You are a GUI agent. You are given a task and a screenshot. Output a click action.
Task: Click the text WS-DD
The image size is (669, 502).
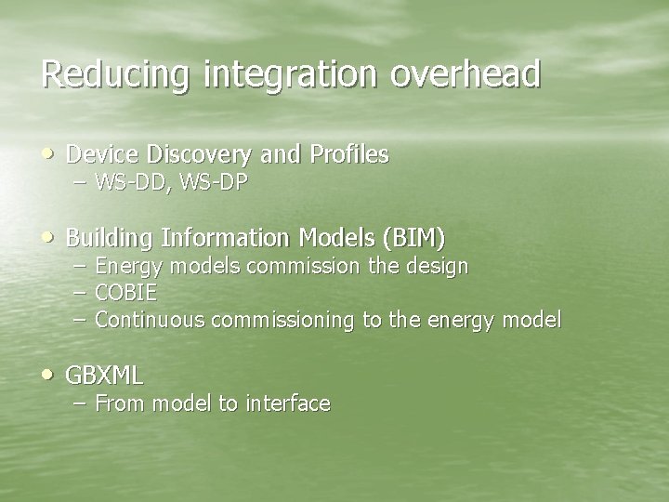coord(125,182)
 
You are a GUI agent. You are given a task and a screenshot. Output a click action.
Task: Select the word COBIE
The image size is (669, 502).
coord(125,294)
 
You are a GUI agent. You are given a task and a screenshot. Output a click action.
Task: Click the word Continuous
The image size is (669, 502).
coord(151,321)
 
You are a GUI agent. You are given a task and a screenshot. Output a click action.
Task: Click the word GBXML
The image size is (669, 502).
coord(105,376)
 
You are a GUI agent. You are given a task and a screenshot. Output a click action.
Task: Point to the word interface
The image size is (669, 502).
coord(288,403)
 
